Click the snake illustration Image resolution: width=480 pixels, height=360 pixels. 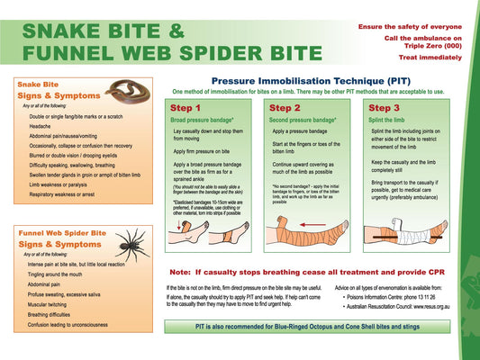coord(125,90)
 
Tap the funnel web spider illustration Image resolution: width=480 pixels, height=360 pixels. coord(134,244)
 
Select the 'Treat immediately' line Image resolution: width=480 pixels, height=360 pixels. coord(422,57)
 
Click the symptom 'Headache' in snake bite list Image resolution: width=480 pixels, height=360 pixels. coord(40,127)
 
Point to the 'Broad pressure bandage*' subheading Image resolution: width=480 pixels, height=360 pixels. coord(203,119)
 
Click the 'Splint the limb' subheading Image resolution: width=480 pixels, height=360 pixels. coord(389,119)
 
